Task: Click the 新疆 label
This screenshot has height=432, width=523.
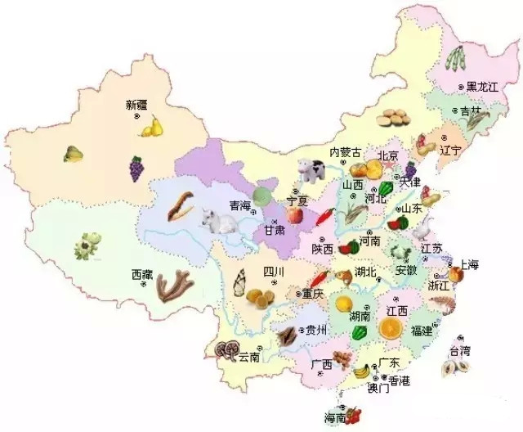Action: click(137, 105)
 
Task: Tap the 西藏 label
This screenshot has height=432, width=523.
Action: click(142, 276)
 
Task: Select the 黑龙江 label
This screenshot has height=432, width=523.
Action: click(481, 87)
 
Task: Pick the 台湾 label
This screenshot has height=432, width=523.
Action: click(460, 351)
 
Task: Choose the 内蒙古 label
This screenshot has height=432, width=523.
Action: click(345, 153)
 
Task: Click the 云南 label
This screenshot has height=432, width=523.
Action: click(249, 357)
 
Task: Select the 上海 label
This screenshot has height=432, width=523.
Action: click(468, 264)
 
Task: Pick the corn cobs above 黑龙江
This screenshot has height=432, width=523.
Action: click(455, 59)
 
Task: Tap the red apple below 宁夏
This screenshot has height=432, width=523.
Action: click(293, 214)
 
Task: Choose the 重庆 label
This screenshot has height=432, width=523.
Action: click(313, 293)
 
